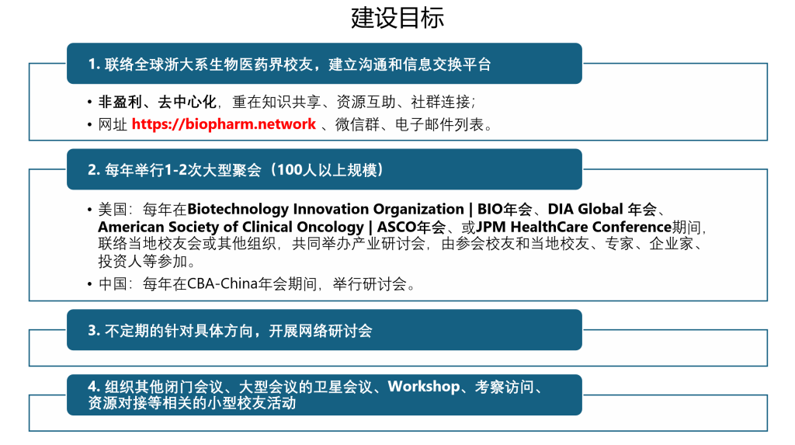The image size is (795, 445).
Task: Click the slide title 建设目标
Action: [397, 18]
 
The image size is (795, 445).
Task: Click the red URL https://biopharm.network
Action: [224, 124]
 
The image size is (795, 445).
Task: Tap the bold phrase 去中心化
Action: [187, 102]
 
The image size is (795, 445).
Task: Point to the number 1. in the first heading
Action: [94, 64]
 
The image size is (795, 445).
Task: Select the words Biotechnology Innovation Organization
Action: [325, 209]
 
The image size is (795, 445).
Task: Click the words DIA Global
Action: [585, 209]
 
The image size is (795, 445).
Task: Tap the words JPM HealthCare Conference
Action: [574, 227]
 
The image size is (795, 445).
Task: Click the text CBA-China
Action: [223, 283]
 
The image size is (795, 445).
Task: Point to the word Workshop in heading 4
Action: [424, 387]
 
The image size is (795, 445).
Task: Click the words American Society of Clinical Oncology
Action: [231, 227]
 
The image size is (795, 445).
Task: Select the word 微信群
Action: [357, 124]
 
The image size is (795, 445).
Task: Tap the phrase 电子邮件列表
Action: [439, 124]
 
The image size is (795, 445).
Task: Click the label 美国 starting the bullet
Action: [113, 209]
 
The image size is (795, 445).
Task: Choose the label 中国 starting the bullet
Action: [113, 283]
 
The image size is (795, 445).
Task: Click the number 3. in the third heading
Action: [94, 331]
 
